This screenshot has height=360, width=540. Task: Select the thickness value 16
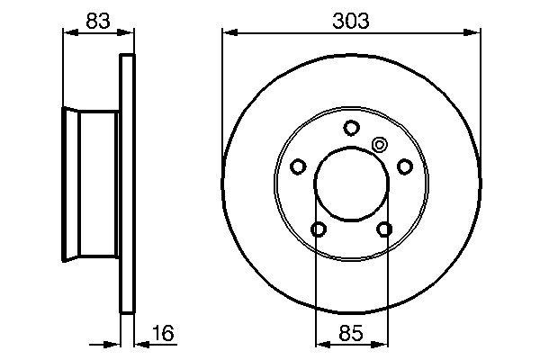(x=162, y=335)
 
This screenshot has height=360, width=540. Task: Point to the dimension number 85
(x=351, y=335)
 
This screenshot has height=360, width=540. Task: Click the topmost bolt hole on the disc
(x=351, y=128)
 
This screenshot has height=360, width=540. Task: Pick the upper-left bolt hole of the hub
(x=298, y=166)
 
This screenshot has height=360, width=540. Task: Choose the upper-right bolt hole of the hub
(x=404, y=166)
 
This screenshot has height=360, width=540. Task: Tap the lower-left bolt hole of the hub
(x=318, y=230)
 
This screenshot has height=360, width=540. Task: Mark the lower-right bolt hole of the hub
(x=384, y=230)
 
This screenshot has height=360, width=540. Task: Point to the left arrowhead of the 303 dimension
(x=228, y=34)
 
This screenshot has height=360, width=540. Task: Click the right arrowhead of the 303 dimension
(x=473, y=34)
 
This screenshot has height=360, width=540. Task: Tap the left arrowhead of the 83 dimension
(x=66, y=34)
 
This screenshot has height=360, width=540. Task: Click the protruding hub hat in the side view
(x=90, y=185)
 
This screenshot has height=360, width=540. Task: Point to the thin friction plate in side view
(x=127, y=185)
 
